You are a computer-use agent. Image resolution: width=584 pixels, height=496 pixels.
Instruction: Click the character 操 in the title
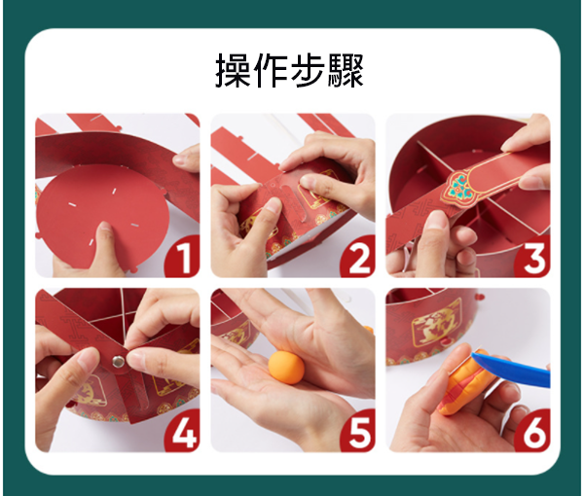pyautogui.click(x=234, y=70)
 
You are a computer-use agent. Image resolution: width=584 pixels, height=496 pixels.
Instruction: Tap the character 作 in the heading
pyautogui.click(x=272, y=70)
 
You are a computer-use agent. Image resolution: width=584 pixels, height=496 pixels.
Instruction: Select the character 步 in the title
pyautogui.click(x=308, y=70)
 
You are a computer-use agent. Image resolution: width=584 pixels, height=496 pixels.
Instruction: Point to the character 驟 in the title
pyautogui.click(x=346, y=70)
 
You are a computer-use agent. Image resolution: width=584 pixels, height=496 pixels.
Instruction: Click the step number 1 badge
pyautogui.click(x=183, y=257)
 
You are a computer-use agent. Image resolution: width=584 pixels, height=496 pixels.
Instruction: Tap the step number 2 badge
pyautogui.click(x=358, y=257)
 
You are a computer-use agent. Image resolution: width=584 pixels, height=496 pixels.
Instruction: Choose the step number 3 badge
pyautogui.click(x=532, y=257)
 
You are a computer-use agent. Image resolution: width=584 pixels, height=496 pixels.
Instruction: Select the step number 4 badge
pyautogui.click(x=183, y=431)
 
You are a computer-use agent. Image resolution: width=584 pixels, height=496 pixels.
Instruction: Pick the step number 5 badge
pyautogui.click(x=358, y=431)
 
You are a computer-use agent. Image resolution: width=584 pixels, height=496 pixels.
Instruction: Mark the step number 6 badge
pyautogui.click(x=532, y=431)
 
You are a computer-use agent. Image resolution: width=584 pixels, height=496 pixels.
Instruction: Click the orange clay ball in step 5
pyautogui.click(x=286, y=368)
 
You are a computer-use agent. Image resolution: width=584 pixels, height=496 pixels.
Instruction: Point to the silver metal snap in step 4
pyautogui.click(x=118, y=360)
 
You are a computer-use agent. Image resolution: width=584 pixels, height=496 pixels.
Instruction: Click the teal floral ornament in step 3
pyautogui.click(x=459, y=185)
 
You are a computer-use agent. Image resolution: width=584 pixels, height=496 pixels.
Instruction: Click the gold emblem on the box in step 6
pyautogui.click(x=436, y=323)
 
